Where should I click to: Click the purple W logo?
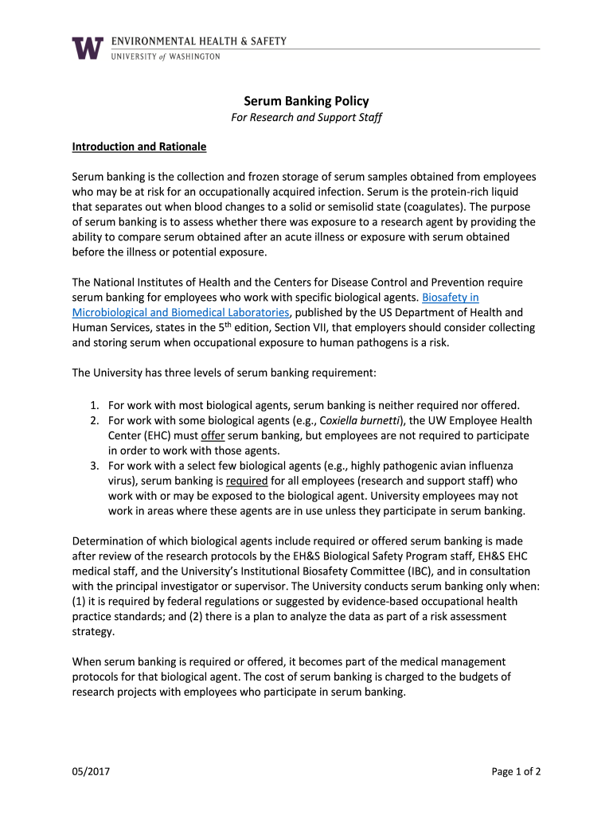(x=88, y=49)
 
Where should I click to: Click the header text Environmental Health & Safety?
(x=199, y=41)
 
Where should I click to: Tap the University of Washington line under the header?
(x=166, y=57)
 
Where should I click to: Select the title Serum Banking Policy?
(x=306, y=101)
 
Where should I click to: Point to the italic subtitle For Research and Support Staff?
(x=306, y=118)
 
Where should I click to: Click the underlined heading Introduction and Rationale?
(x=139, y=147)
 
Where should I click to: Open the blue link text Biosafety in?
(x=450, y=298)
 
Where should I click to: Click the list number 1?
(x=93, y=405)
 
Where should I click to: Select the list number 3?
(x=93, y=466)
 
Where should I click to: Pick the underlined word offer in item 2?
(x=213, y=435)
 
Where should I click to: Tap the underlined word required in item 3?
(x=247, y=481)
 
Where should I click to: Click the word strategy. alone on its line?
(x=93, y=632)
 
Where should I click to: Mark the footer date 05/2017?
(x=89, y=771)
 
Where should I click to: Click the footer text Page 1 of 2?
(x=516, y=771)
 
